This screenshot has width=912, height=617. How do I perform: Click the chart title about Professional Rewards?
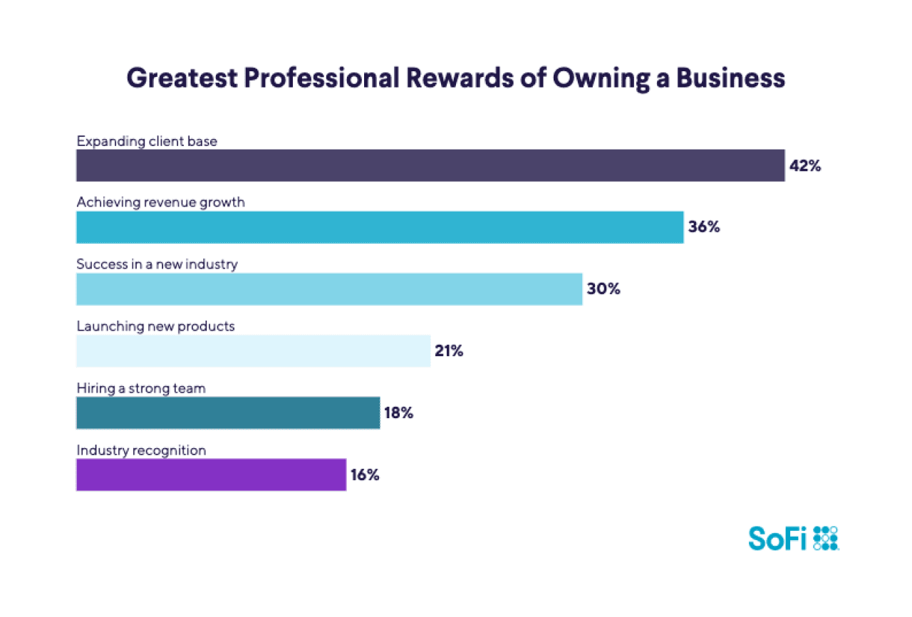click(455, 78)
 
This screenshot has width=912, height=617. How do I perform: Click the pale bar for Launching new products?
click(253, 351)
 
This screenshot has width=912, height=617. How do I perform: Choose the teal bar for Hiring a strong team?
click(228, 413)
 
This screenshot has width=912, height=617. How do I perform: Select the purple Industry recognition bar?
click(211, 475)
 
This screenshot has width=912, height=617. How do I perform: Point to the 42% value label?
click(805, 166)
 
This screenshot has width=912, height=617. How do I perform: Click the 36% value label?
click(704, 228)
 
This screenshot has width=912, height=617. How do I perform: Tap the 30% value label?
click(603, 290)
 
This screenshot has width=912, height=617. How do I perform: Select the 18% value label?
click(398, 413)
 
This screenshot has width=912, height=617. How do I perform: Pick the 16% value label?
click(364, 475)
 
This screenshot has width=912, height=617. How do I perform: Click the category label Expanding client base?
click(147, 141)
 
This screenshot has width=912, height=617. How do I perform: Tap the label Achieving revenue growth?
click(160, 202)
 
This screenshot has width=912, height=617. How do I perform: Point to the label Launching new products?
click(155, 326)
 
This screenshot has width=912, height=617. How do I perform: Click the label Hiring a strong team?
click(141, 388)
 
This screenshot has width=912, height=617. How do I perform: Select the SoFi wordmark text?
click(777, 539)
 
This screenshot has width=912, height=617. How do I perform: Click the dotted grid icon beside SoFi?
click(825, 539)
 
